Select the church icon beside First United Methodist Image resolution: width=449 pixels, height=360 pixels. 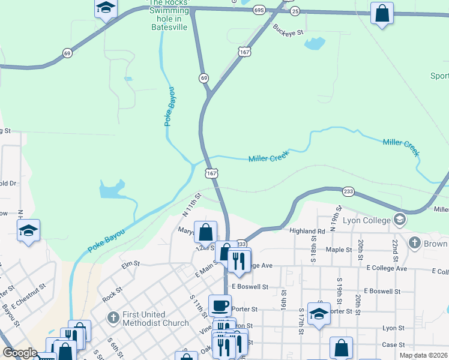coord(112,317)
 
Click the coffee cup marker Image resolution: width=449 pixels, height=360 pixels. coord(220,305)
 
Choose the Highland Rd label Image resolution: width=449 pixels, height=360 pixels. coord(307,231)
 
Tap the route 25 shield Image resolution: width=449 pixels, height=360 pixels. coord(294,11)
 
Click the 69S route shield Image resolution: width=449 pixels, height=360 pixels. coord(259,10)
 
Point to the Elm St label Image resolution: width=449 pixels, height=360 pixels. coord(130,263)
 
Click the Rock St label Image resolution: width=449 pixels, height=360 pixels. coord(112,293)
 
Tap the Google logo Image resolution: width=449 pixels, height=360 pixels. coord(20,353)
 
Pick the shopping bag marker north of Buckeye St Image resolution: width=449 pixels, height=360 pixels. coord(381,13)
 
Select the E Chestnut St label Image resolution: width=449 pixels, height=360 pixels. coord(28,295)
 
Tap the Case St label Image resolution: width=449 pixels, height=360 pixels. coord(394,345)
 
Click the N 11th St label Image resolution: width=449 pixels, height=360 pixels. coord(190,204)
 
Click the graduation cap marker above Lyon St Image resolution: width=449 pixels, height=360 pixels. coord(319,313)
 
